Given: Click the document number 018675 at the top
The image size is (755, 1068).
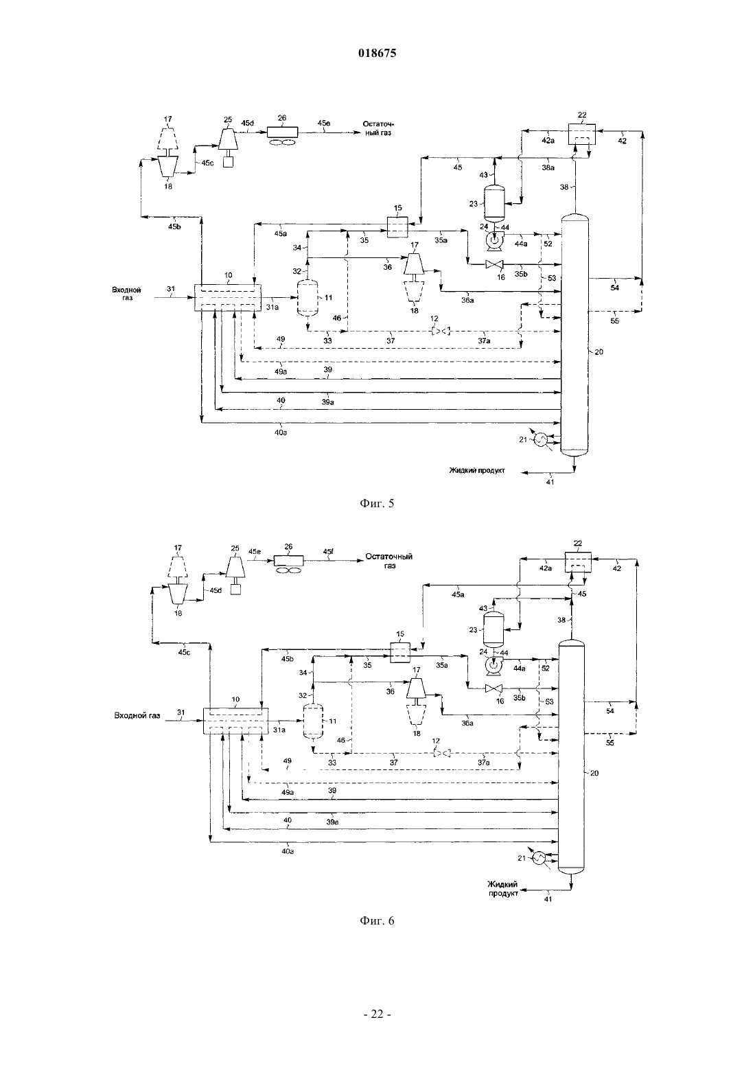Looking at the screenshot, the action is point(377,53).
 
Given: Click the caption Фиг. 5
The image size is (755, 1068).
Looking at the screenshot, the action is point(377,504).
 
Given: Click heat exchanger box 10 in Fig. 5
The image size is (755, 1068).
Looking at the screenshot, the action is point(228,297).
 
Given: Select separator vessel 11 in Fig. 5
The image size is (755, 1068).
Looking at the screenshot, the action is point(307,297).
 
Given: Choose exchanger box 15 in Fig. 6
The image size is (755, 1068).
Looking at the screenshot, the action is point(400,652).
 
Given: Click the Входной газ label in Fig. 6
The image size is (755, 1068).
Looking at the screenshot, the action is point(137,715).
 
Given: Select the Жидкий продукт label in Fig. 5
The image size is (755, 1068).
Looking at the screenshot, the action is point(476,470).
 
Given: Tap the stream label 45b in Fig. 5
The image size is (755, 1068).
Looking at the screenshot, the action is point(174,227).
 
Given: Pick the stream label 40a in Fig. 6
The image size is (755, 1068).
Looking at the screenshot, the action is point(288,850).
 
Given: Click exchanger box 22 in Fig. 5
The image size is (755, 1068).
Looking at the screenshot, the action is point(581,135).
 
